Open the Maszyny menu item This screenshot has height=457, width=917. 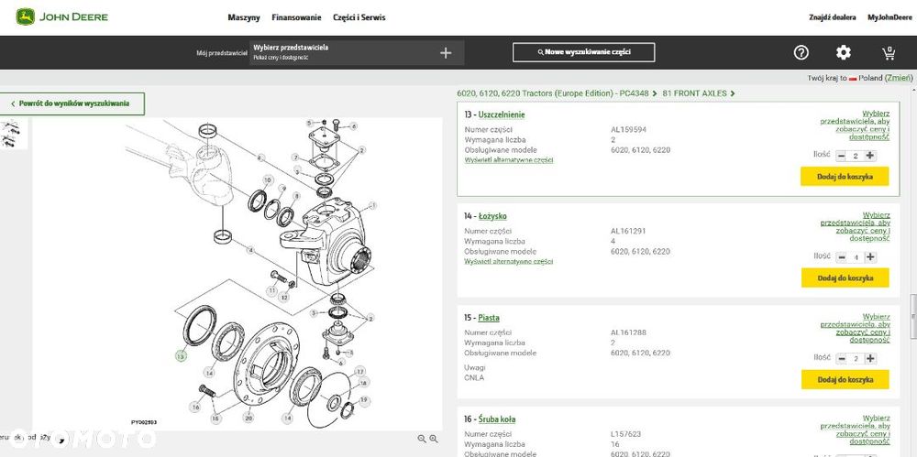(x=243, y=17)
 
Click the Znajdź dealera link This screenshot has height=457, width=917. (x=832, y=17)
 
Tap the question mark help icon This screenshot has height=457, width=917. (x=801, y=53)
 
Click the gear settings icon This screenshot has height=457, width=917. (x=844, y=53)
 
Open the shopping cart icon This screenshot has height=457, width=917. (x=889, y=53)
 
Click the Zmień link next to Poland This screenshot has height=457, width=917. (x=898, y=79)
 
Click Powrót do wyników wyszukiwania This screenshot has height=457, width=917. (x=73, y=103)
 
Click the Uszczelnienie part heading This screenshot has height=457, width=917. (x=501, y=114)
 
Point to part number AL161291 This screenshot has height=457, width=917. (x=628, y=231)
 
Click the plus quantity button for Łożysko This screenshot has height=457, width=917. (x=870, y=257)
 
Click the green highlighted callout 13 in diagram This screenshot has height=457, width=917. (x=182, y=355)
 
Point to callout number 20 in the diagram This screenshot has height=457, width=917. (x=249, y=419)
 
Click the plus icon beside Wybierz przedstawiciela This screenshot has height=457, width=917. (x=446, y=53)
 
